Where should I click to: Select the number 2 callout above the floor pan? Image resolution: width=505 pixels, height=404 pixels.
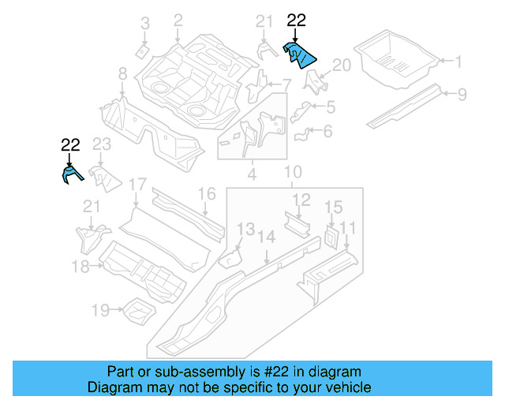[x=178, y=20]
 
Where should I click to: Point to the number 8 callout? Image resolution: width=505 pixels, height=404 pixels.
[x=122, y=74]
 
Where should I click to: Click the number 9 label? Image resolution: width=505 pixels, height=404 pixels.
[x=462, y=94]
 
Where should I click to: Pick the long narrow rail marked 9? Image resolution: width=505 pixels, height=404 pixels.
[x=406, y=107]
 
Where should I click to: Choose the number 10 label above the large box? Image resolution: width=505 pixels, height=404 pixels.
[x=292, y=172]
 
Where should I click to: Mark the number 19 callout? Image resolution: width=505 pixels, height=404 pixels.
[x=100, y=310]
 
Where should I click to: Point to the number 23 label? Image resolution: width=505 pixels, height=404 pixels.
[x=103, y=144]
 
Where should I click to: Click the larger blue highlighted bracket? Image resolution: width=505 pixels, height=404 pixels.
[x=299, y=55]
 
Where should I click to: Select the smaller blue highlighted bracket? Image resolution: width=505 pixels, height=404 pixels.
[x=70, y=174]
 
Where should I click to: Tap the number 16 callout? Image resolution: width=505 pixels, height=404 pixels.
[x=206, y=194]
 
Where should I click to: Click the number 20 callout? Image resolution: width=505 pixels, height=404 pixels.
[x=340, y=65]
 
